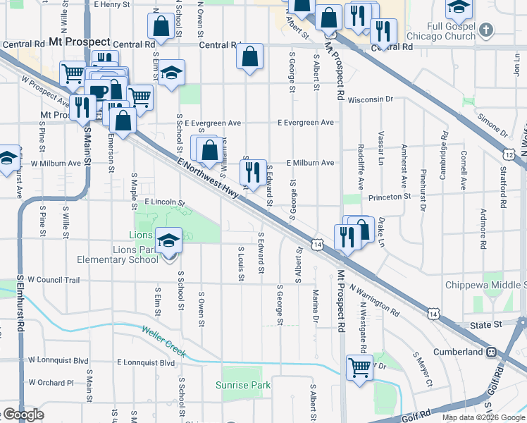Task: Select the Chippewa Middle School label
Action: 485,285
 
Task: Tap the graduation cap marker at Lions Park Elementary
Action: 169,240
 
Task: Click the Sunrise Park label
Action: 243,386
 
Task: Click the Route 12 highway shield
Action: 509,154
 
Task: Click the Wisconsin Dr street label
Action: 369,99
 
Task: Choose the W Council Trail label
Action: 54,280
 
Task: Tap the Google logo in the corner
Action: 23,415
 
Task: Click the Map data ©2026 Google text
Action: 483,417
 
